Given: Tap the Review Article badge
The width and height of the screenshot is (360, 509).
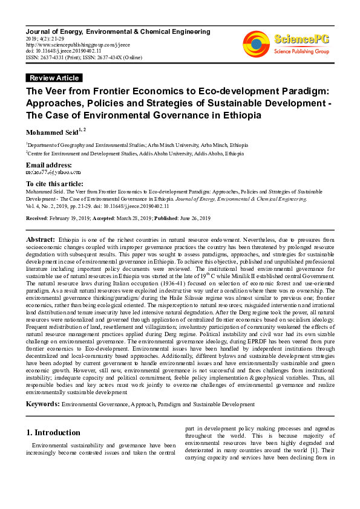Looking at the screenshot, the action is (54, 78).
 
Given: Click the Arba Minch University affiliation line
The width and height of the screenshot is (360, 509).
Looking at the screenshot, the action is (136, 145).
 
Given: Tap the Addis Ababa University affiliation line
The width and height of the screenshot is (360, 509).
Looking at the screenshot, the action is (135, 154).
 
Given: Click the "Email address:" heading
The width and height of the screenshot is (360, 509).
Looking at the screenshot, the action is (49, 165).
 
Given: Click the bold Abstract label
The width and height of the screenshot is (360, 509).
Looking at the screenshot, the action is (41, 241).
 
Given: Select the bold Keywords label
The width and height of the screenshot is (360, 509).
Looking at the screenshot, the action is (42, 404).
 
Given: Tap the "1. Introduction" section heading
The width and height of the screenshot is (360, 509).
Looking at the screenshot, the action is (54, 432).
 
